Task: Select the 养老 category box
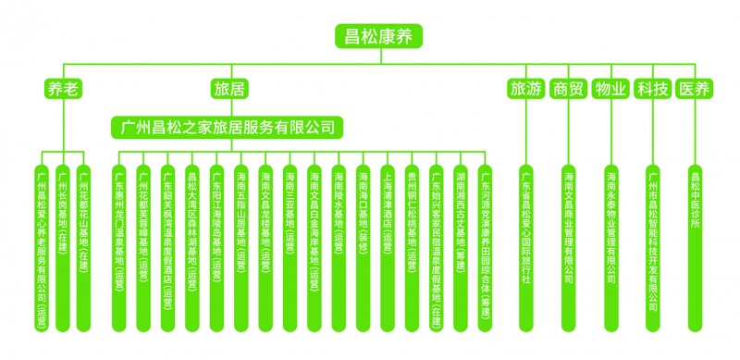point(63,89)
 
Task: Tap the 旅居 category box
point(228,89)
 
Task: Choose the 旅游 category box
point(525,89)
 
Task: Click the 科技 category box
point(652,89)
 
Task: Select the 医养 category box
point(694,89)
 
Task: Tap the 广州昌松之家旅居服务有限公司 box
point(228,125)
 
